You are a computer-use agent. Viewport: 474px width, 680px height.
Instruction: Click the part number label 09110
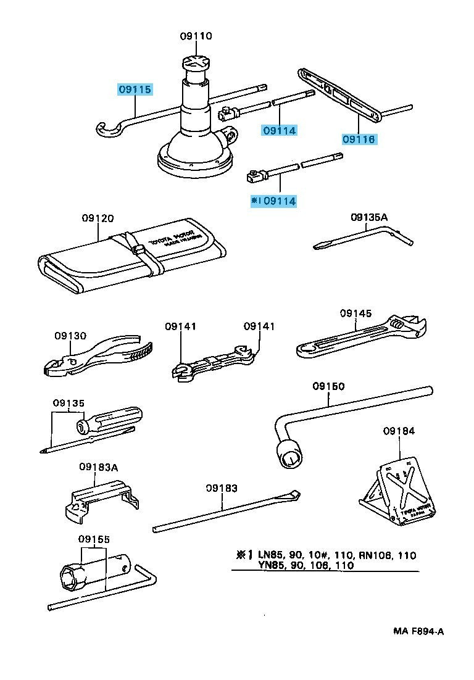coord(196,36)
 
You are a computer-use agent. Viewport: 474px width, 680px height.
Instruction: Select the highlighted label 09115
coord(135,90)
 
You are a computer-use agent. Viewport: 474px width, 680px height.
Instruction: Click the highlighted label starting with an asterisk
coord(273,201)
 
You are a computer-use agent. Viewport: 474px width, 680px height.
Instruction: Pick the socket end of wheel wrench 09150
coord(290,457)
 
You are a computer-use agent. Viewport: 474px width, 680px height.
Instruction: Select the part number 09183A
coord(98,467)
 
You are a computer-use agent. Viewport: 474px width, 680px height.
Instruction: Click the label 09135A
coord(369,217)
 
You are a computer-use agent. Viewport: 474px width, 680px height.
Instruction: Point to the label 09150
coord(328,386)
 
